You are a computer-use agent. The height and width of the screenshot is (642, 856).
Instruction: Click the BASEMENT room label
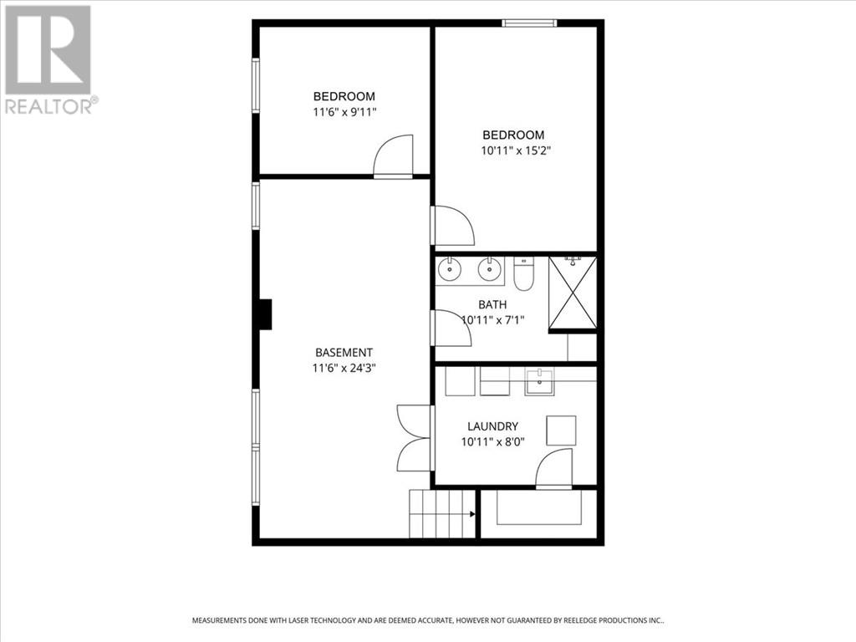[x=344, y=353]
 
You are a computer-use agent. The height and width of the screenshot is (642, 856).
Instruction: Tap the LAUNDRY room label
[x=492, y=426]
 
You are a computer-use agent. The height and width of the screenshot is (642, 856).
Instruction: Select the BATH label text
[x=492, y=304]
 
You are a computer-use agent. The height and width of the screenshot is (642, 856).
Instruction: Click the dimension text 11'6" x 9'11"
[x=344, y=113]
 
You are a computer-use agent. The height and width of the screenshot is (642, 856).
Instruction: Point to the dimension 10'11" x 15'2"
[x=515, y=150]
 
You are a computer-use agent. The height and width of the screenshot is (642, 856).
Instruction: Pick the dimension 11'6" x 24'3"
[x=344, y=368]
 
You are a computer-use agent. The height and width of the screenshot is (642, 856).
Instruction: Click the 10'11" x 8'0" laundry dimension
[x=492, y=441]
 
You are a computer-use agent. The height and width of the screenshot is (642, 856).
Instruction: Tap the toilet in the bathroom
[x=523, y=273]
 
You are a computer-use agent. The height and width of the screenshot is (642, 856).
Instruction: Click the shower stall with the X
[x=573, y=293]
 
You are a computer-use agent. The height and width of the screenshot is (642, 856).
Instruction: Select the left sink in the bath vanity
[x=450, y=268]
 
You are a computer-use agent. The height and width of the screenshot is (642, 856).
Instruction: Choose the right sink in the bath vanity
[x=489, y=268]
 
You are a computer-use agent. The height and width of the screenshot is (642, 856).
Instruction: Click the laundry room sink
[x=539, y=381]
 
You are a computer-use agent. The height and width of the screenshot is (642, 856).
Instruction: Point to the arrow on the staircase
[x=471, y=514]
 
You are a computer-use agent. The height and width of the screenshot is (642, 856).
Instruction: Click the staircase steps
[x=442, y=514]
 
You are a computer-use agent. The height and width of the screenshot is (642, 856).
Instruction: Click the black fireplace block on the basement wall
[x=265, y=314]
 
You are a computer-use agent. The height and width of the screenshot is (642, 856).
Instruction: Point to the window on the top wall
[x=529, y=23]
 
